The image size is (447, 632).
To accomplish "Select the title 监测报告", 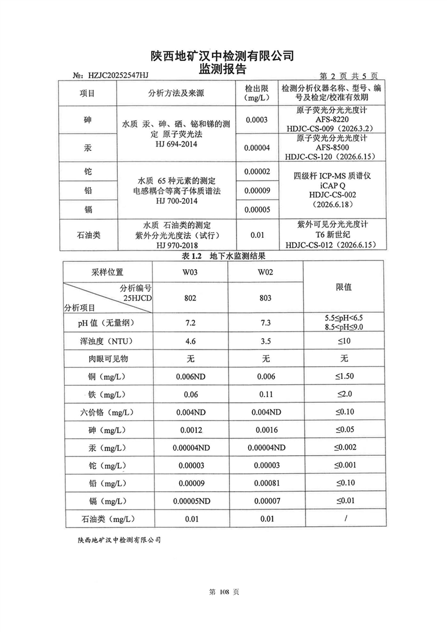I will coord(223,69).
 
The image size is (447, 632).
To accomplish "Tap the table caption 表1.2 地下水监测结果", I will coord(223,255).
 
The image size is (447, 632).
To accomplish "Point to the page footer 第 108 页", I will coord(224,593).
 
